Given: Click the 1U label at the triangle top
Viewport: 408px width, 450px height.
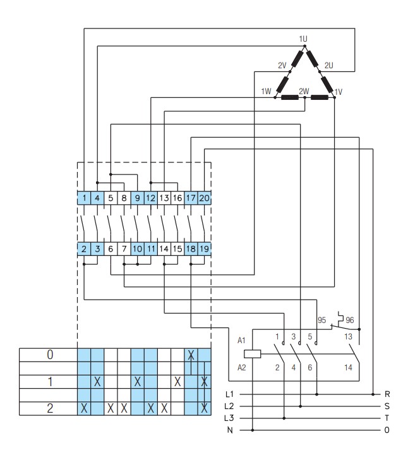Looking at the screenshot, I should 303,39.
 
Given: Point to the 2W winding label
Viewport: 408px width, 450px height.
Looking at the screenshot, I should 304,91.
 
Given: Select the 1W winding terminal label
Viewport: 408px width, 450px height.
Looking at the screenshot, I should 266,92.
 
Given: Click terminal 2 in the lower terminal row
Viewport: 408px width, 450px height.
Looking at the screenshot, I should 84,250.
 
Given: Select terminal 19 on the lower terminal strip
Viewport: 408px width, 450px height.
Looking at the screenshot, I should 204,250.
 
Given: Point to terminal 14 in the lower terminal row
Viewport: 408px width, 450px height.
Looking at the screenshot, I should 164,250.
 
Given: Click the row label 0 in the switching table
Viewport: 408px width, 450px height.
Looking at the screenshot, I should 50,355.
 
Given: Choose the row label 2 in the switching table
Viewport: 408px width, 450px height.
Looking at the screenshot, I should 50,408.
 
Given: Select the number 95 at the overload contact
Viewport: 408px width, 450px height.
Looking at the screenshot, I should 321,320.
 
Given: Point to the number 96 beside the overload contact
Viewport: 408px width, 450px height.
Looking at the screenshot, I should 351,320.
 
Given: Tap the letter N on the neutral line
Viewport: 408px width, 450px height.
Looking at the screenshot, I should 229,430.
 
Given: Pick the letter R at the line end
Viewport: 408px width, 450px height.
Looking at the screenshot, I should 387,394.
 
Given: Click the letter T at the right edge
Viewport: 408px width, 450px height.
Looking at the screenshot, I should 387,418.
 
